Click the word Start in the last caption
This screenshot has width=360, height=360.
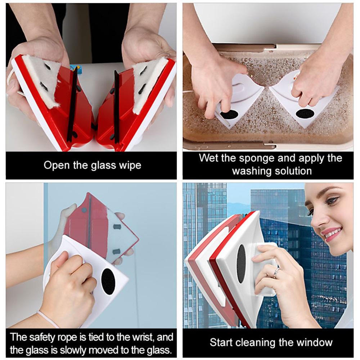coord(220,343)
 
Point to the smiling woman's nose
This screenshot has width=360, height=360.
coord(318,220)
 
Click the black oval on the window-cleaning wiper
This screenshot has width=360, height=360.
coord(241,264)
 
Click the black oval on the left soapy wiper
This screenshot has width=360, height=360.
coord(229,114)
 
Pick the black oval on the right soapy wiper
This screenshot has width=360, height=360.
coord(305,113)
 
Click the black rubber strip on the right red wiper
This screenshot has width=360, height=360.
coord(116,105)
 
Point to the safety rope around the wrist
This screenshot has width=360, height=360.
coord(48,319)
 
